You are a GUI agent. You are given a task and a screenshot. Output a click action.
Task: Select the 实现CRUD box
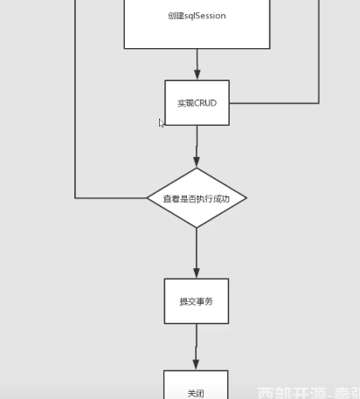coord(197,103)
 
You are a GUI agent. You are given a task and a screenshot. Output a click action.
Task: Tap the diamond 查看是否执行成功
coord(197,198)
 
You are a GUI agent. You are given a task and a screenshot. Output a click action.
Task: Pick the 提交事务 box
coord(197,301)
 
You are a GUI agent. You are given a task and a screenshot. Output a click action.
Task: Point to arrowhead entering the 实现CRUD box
coord(197,75)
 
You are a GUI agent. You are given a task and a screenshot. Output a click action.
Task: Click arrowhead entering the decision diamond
coord(197,162)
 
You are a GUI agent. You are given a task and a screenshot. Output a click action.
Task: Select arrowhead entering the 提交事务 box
coord(197,272)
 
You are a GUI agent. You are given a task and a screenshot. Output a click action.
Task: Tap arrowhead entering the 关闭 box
coord(197,364)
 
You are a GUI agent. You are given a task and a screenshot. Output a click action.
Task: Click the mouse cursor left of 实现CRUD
coord(162,124)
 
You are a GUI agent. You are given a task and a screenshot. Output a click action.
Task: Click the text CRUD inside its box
coord(205,103)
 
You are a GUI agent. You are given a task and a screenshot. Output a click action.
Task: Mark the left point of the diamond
coord(149,198)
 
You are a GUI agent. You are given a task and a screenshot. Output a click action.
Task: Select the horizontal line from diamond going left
coord(112,198)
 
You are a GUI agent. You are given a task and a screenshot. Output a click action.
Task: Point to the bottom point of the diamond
coord(197,227)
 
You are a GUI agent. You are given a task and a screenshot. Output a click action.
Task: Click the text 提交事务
coord(197,301)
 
